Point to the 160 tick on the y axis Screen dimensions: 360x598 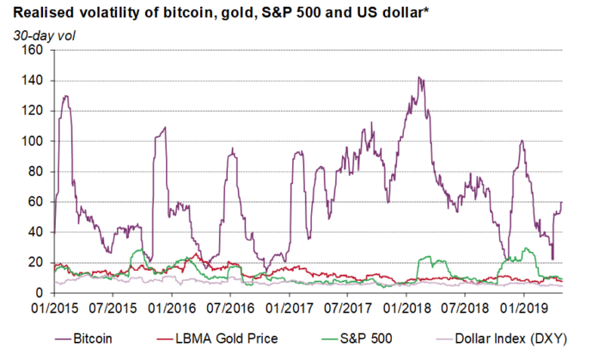pyautogui.click(x=32, y=50)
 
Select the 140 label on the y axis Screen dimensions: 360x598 pyautogui.click(x=32, y=81)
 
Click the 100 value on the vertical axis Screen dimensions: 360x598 pyautogui.click(x=32, y=141)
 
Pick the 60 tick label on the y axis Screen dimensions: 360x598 pyautogui.click(x=35, y=202)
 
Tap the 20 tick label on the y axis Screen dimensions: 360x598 pyautogui.click(x=35, y=262)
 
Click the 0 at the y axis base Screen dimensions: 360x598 pyautogui.click(x=39, y=293)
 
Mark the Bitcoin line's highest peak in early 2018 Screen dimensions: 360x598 pyautogui.click(x=418, y=77)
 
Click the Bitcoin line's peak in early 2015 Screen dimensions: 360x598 pyautogui.click(x=65, y=96)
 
